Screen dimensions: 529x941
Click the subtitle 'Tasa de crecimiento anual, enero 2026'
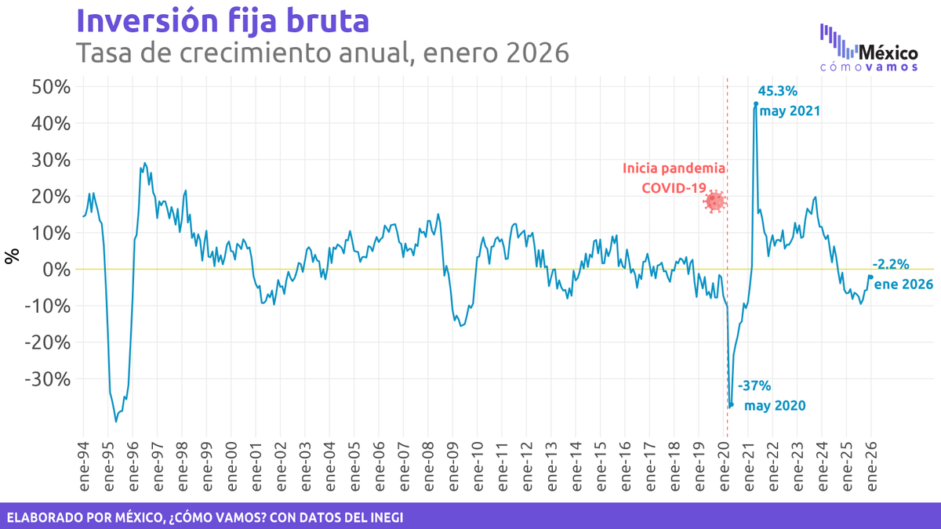(x=322, y=53)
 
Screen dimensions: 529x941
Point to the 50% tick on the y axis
(x=50, y=86)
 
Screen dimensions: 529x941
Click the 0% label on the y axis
(x=55, y=269)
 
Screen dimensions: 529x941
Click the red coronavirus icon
(x=714, y=201)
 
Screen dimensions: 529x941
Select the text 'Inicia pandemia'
(x=674, y=168)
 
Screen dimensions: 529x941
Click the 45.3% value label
(x=778, y=91)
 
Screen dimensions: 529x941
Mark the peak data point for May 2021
(x=756, y=103)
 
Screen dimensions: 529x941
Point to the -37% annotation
(x=755, y=386)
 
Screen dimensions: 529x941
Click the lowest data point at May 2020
(x=731, y=405)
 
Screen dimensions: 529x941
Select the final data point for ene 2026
(x=870, y=277)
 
